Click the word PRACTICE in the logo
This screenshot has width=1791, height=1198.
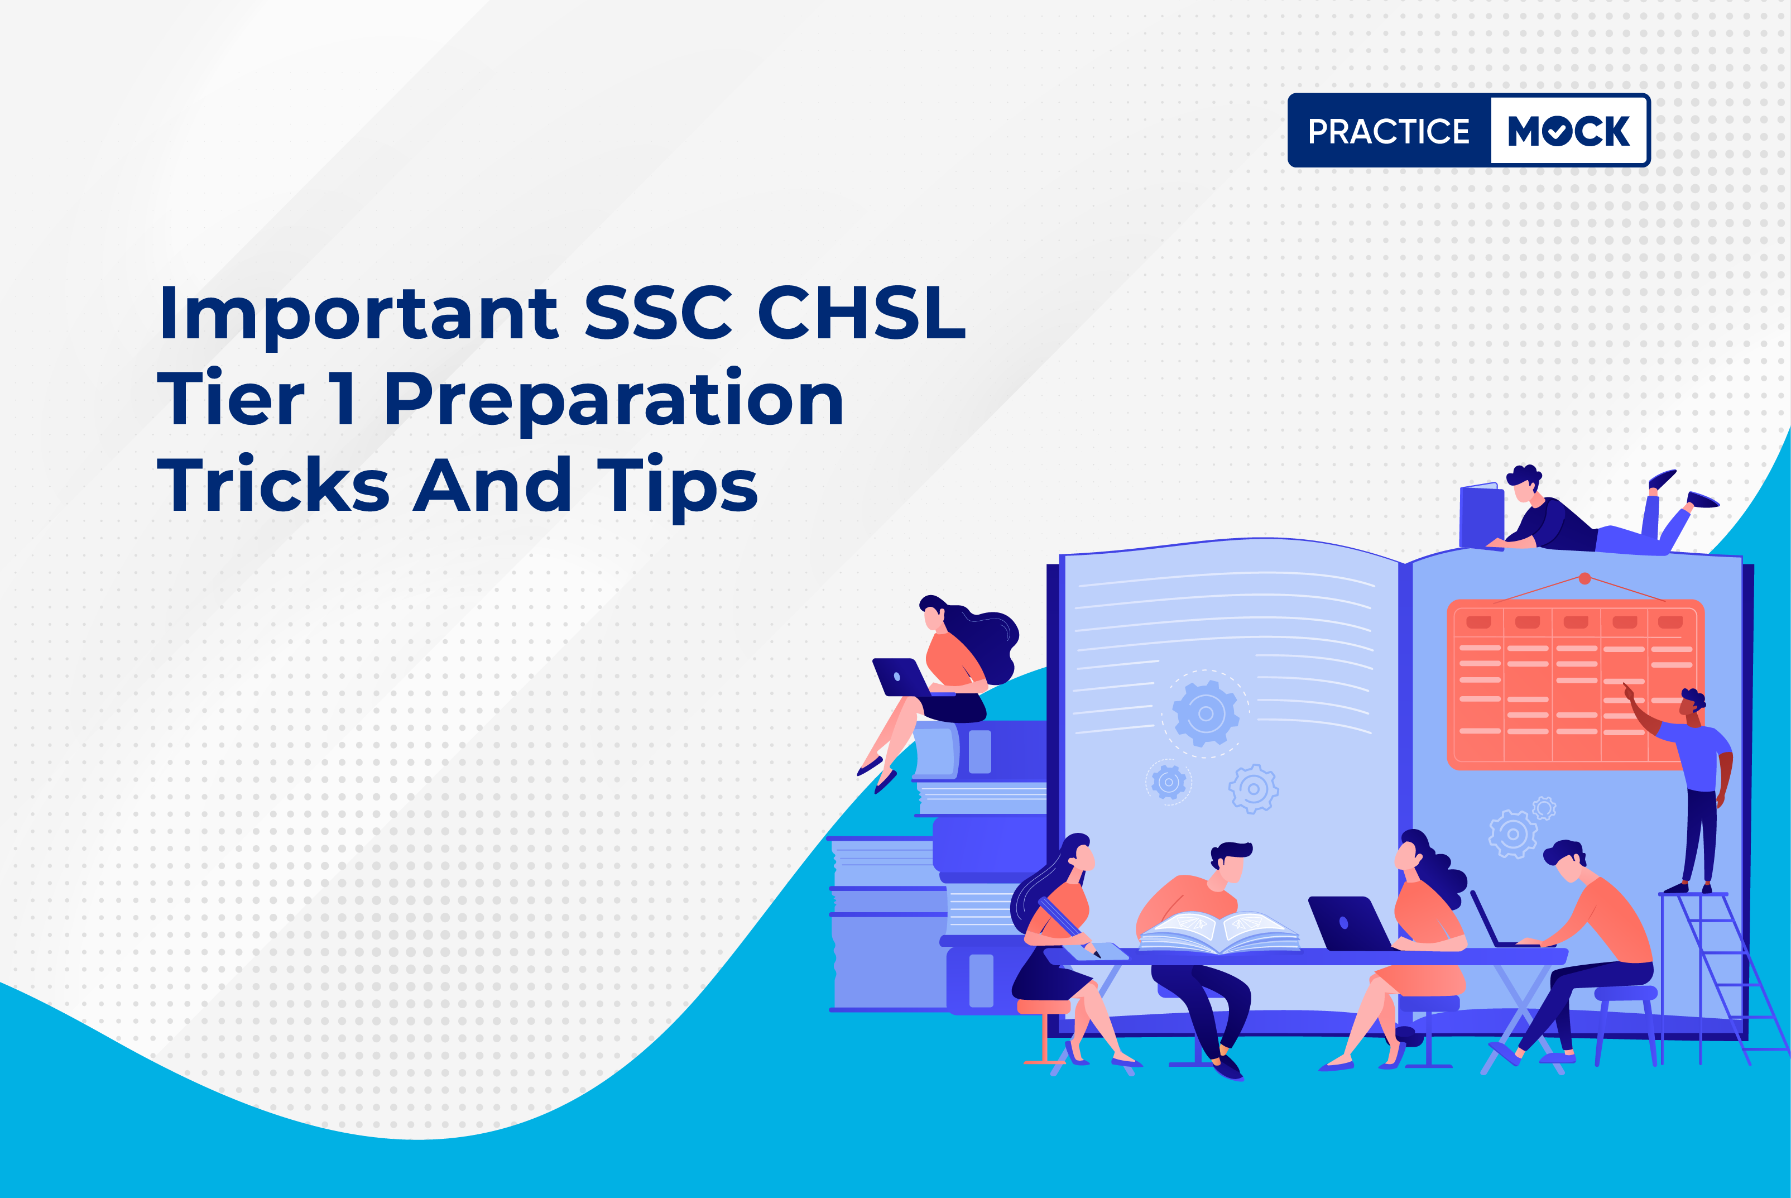[x=1389, y=131]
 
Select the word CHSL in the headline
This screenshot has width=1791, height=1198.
[x=862, y=313]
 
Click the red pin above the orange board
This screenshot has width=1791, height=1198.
[x=1585, y=578]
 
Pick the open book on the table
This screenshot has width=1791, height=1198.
[x=1219, y=932]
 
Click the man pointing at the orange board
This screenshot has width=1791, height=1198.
[x=1688, y=787]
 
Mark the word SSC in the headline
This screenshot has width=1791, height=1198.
[x=659, y=313]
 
